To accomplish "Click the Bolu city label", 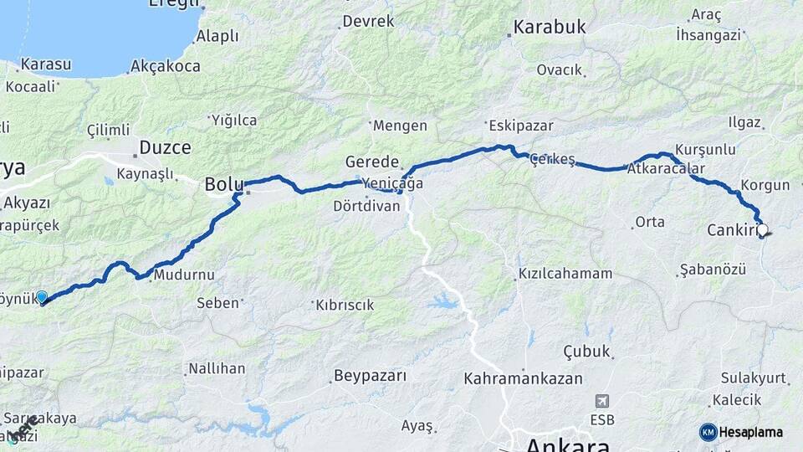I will pos(223,185).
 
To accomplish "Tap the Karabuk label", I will pos(550,27).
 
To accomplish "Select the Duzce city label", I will pos(165,147).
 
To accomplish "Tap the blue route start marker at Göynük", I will pos(42,296).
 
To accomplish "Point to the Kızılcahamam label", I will pos(565,274).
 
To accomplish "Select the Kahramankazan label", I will pos(523,378).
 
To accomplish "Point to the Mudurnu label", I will pos(183,275).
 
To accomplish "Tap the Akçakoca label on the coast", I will pos(166,65).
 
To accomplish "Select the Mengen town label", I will pos(400,126).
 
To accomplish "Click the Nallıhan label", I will pos(217,368).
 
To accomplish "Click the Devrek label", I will pos(368,21).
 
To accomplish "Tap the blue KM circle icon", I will pos(708,432).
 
